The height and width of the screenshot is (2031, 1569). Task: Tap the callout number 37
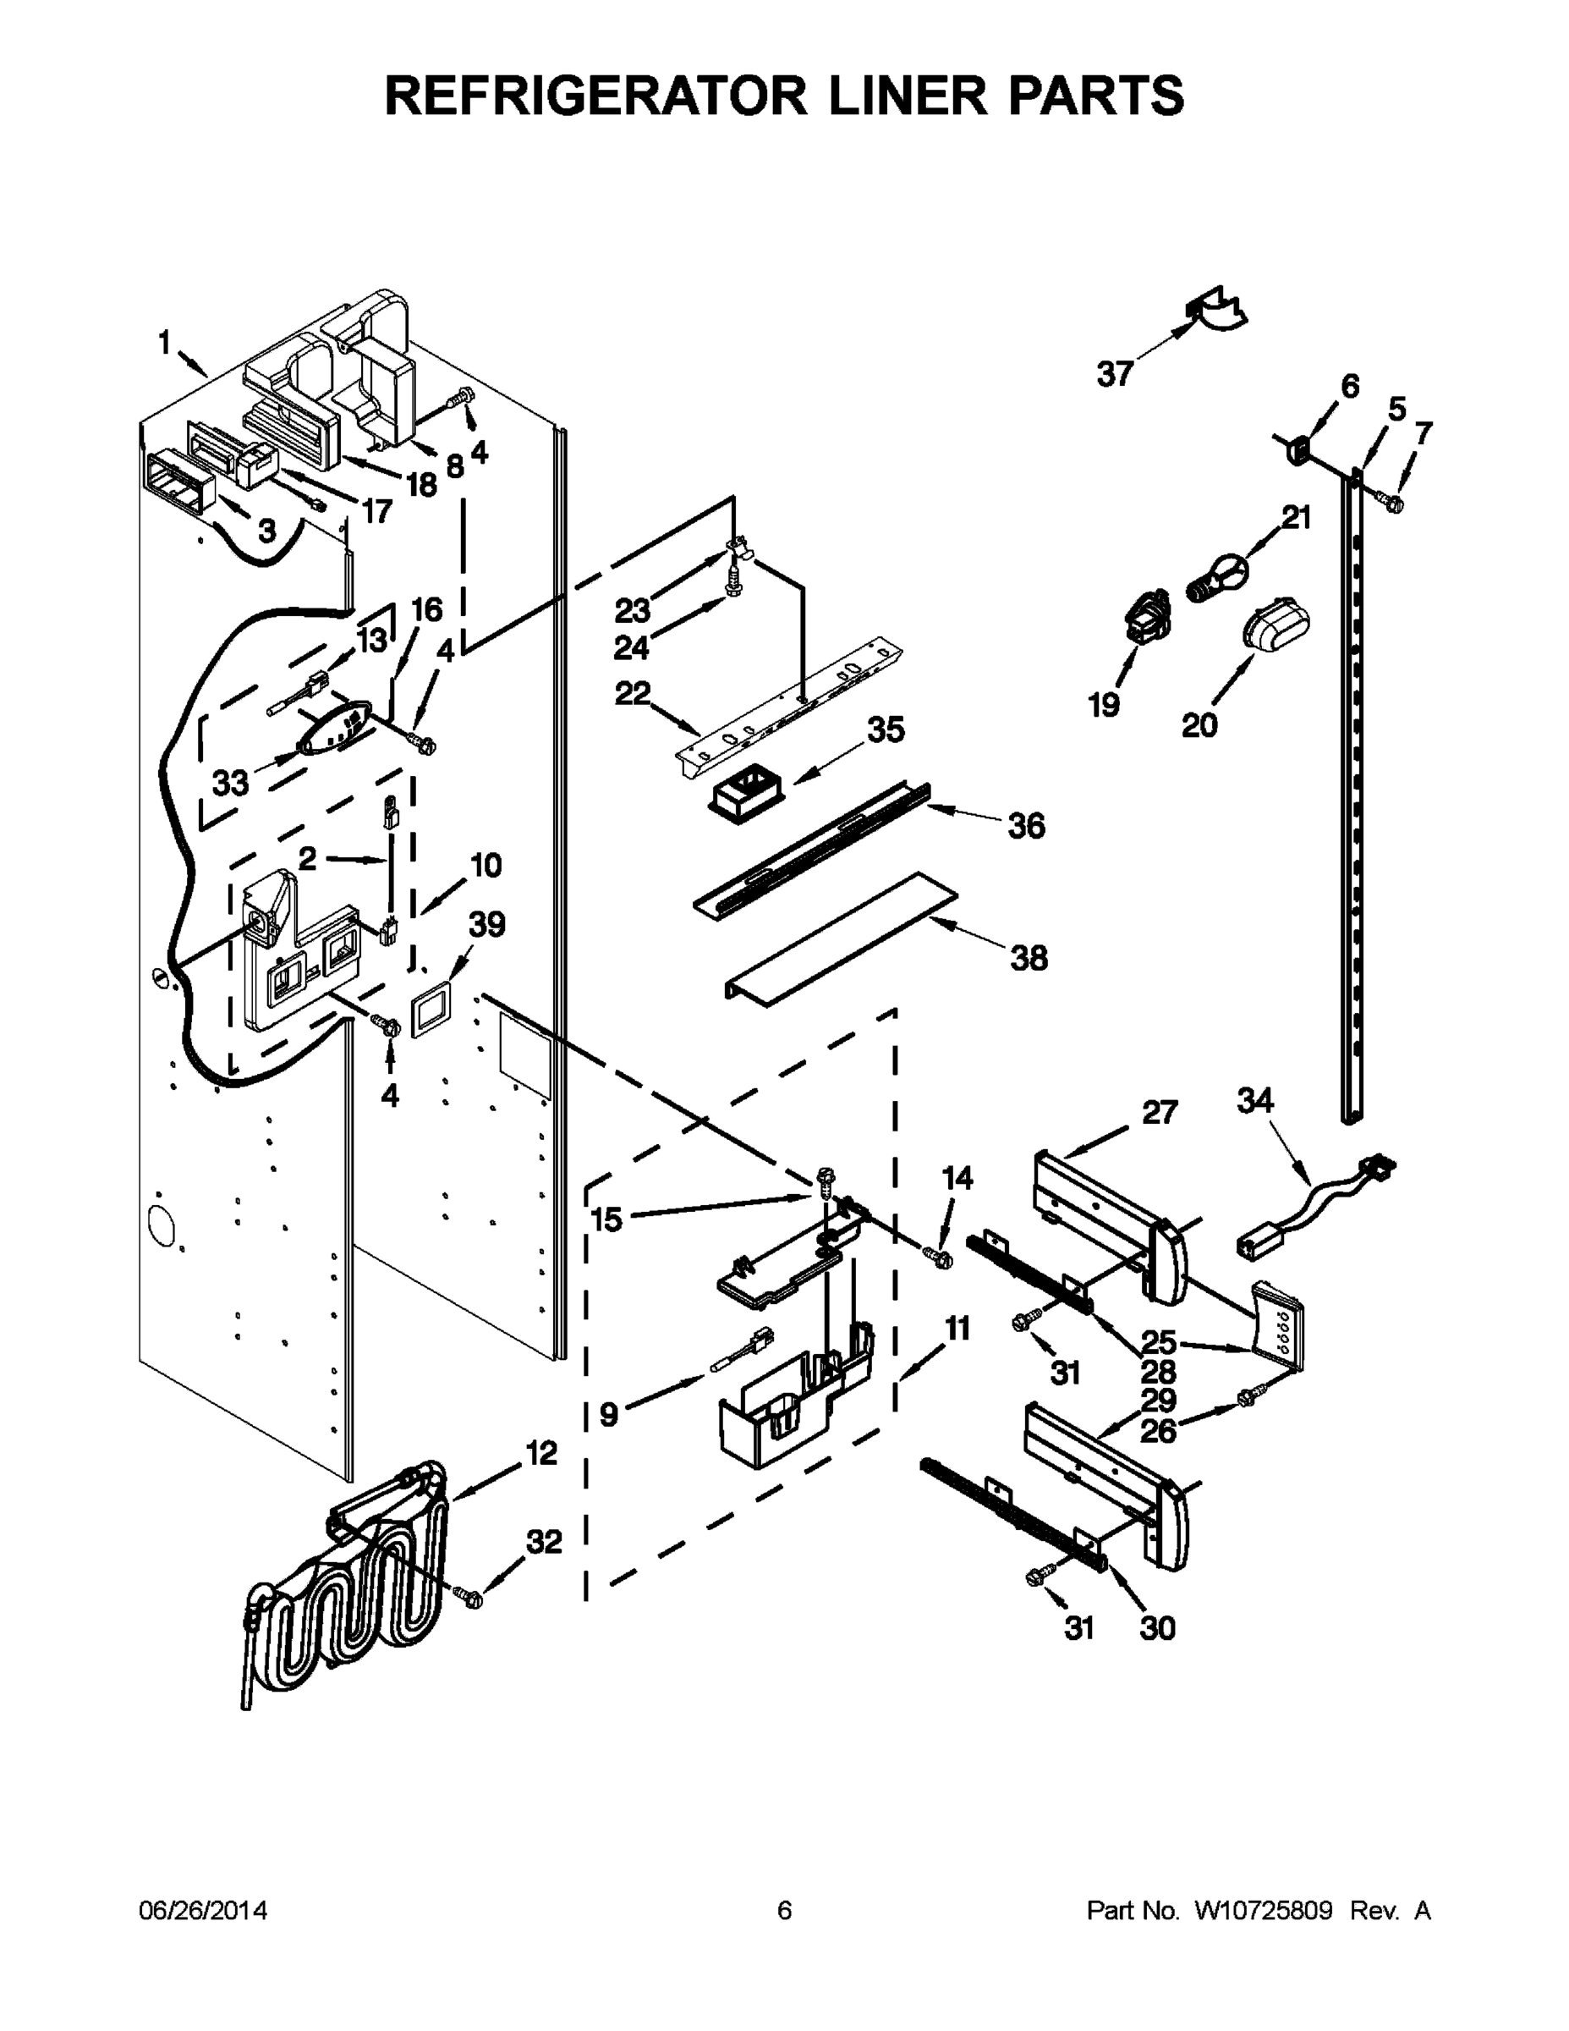[x=1115, y=374]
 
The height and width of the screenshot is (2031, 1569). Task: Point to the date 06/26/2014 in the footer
[x=203, y=1910]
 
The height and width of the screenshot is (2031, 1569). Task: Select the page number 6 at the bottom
[x=785, y=1910]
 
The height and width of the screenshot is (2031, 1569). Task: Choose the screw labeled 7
[x=1393, y=502]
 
